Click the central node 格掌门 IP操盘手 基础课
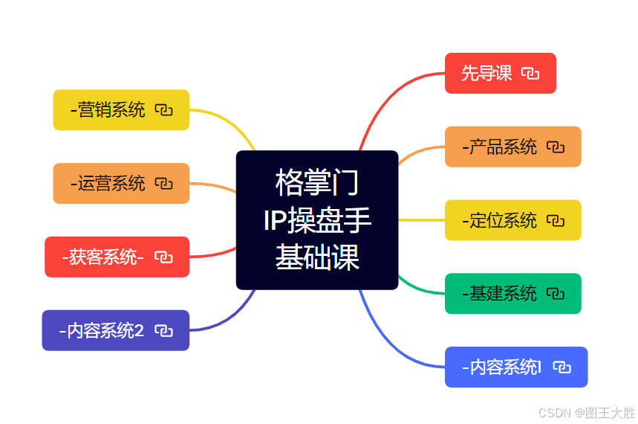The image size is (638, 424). pos(317,220)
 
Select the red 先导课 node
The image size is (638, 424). pos(486,73)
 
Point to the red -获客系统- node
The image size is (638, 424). pos(104,257)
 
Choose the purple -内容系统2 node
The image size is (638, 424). pos(104,330)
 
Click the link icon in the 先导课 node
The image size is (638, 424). pos(530,73)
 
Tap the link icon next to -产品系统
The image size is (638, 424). pos(555,147)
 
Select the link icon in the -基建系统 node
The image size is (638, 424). pos(555,294)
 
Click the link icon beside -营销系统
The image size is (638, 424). pos(163,110)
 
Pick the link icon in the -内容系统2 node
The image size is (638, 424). pos(163,330)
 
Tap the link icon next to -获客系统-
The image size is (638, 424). pos(163,257)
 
